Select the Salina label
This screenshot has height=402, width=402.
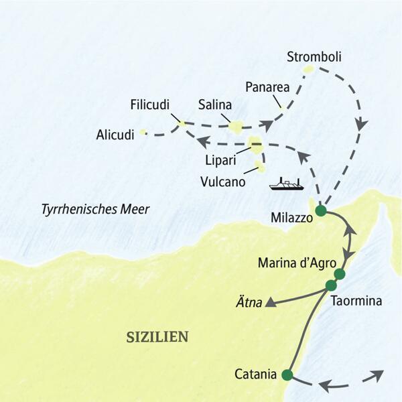coord(215,105)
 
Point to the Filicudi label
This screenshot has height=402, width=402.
coord(151,105)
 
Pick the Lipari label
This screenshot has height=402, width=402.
coord(222,161)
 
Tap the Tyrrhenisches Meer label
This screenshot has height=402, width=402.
coord(94,210)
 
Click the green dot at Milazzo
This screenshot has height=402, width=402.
coord(320,210)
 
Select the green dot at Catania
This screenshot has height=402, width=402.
coord(288,375)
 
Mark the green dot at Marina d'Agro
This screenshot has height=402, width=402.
coord(339,274)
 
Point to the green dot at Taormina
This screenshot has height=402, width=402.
coord(330,285)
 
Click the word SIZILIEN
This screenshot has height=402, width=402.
coord(157,336)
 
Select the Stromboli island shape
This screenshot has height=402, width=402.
coord(309,69)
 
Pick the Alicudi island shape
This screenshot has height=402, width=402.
coord(143,133)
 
